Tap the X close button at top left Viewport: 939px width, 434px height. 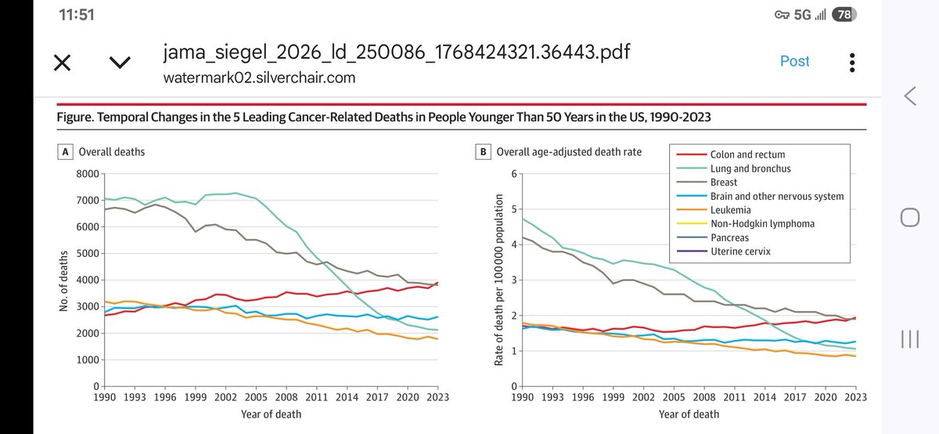(x=63, y=63)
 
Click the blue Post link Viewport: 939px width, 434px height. (x=794, y=61)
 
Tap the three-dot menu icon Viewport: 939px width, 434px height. (x=852, y=63)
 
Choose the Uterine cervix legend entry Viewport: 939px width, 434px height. (x=739, y=251)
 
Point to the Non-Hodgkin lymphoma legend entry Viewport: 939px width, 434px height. (x=763, y=223)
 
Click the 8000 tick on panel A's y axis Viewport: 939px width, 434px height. (x=88, y=174)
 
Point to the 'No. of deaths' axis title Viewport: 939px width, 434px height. (x=64, y=279)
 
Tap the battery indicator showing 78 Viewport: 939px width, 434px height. (x=843, y=15)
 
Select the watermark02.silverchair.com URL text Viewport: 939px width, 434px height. (x=260, y=77)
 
